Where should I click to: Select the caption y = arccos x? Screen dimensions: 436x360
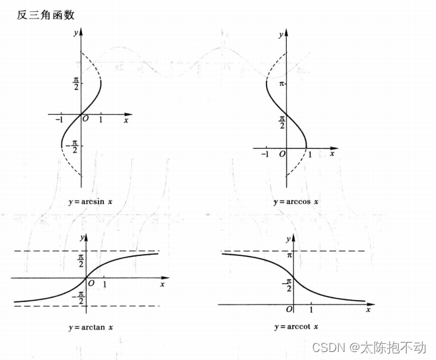point(296,201)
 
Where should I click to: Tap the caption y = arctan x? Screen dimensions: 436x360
point(90,327)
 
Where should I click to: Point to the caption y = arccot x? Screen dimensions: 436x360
point(296,327)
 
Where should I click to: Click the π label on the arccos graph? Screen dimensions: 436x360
point(281,84)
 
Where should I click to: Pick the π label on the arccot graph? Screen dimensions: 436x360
point(289,255)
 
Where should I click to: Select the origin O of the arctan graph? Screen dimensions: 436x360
point(91,283)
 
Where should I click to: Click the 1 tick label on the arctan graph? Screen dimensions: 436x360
point(105,284)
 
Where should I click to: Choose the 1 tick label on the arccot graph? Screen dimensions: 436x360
point(311,310)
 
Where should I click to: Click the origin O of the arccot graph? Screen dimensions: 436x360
point(289,310)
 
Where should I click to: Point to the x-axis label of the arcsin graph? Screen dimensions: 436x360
point(125,121)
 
